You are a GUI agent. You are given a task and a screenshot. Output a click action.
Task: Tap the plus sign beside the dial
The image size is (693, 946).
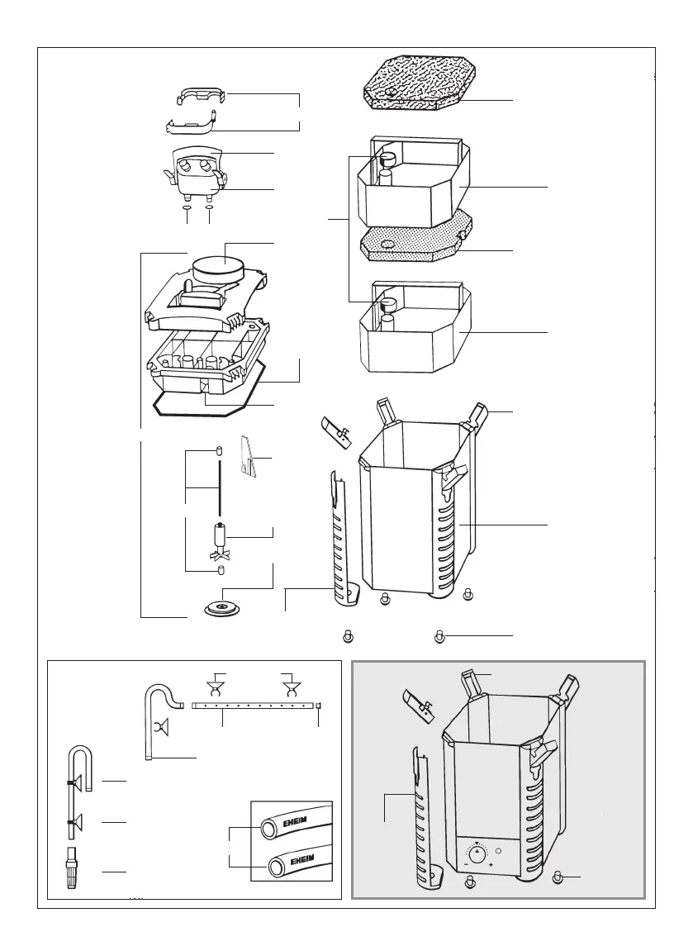point(492,864)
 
